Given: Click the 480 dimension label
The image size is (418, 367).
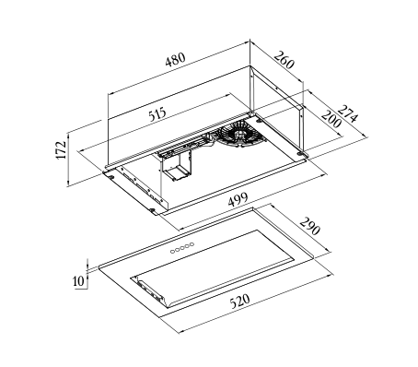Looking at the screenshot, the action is pos(176,60).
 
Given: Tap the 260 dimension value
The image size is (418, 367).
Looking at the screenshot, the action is pos(284,60).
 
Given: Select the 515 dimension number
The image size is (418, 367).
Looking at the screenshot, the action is pos(157,114).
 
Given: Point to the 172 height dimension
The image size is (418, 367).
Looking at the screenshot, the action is pos(62,150).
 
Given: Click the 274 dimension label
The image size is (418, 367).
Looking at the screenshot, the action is pos(348,113).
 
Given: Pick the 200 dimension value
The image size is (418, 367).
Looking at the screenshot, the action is pos(331,119).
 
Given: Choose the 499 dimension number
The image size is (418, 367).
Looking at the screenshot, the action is pos(238,199).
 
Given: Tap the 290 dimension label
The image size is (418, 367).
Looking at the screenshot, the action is pos(309,226).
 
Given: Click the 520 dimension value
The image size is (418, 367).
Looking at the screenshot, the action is pos(240,302).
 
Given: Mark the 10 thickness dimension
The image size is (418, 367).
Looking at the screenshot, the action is pos(78,280).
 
